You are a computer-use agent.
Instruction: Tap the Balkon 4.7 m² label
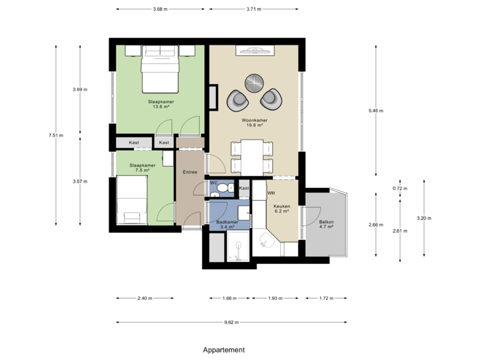pos(326,224)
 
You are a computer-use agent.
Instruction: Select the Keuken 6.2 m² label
pos(281,209)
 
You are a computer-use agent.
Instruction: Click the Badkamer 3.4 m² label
pos(228,225)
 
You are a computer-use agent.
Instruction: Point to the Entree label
pos(190,172)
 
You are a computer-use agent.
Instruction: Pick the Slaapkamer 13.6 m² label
pos(161,104)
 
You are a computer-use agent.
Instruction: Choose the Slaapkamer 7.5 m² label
pos(142,167)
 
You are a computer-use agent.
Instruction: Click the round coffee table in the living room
pos(254,82)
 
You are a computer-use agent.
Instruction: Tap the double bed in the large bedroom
pos(159,69)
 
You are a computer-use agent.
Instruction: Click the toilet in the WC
pos(220,190)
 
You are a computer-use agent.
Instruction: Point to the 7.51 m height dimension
pos(55,135)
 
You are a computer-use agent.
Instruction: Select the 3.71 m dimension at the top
pos(253,9)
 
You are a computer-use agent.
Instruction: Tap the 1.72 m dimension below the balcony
pos(325,298)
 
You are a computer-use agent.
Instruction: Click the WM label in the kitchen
pos(271,193)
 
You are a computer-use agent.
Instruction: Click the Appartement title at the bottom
pos(224,349)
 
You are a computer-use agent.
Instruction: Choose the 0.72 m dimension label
pos(399,189)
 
